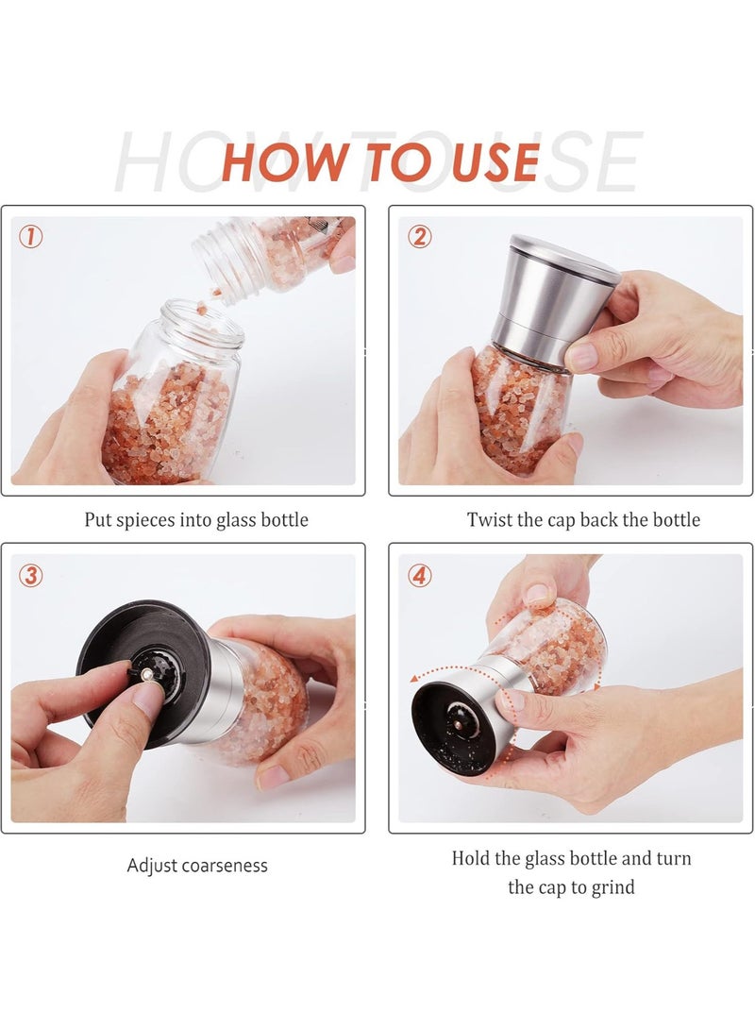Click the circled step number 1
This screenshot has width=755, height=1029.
tap(31, 237)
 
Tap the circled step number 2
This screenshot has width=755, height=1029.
tap(420, 237)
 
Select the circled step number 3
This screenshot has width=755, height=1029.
tap(31, 575)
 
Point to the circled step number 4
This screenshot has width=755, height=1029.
tap(420, 575)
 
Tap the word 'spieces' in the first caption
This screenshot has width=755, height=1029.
tap(155, 520)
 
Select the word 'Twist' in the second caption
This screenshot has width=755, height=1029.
tap(489, 520)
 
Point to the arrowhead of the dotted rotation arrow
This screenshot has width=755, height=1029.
tap(416, 679)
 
